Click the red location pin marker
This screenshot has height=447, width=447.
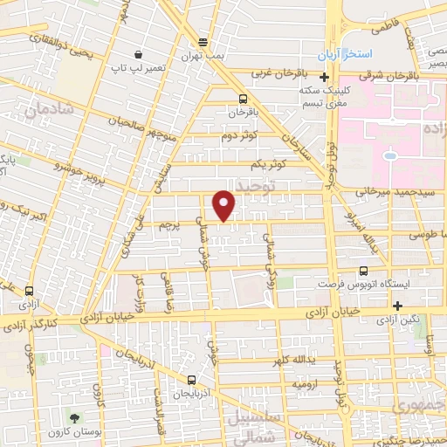click(x=224, y=205)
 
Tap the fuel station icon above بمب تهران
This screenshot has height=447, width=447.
click(x=203, y=41)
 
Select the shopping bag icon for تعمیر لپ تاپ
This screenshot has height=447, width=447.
click(x=137, y=53)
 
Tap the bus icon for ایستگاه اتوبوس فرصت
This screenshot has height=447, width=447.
click(x=363, y=271)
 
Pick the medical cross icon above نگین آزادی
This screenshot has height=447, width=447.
click(x=398, y=306)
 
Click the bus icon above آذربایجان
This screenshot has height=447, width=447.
click(x=191, y=380)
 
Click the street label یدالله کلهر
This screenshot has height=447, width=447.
click(x=303, y=361)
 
